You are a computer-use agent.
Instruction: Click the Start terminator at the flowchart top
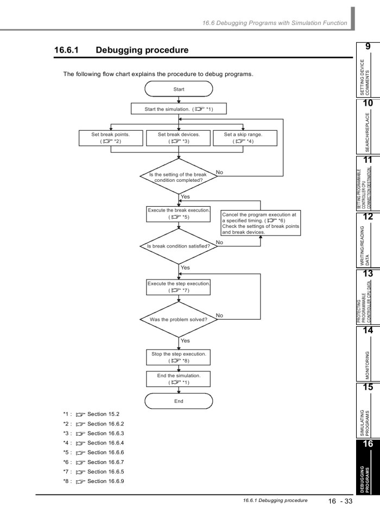click(179, 88)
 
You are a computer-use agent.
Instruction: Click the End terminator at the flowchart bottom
click(179, 401)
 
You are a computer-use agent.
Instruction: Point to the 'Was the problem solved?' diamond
click(179, 319)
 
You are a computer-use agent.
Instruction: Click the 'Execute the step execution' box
click(179, 287)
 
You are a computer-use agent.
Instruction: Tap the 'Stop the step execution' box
click(179, 356)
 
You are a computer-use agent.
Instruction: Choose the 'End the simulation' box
click(179, 378)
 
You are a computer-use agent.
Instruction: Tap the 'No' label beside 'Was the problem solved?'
click(219, 315)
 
